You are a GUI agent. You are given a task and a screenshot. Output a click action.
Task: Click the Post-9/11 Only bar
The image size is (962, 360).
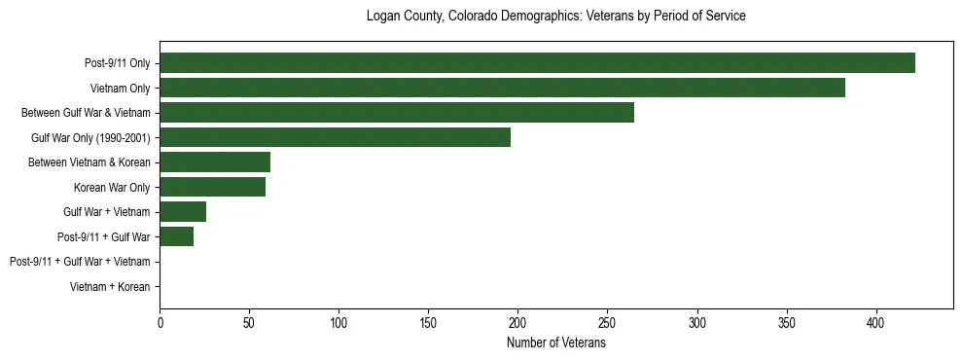click(x=537, y=63)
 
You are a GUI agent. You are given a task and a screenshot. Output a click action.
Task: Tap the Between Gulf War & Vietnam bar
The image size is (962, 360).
click(x=397, y=113)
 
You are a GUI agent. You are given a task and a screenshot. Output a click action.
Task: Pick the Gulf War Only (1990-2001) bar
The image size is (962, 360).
click(x=335, y=137)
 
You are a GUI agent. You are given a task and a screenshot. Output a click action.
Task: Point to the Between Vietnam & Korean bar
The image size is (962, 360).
click(x=215, y=162)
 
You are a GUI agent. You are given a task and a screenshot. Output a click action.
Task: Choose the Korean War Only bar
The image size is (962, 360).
click(x=212, y=187)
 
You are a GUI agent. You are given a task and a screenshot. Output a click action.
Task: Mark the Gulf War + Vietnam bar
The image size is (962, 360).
click(x=183, y=212)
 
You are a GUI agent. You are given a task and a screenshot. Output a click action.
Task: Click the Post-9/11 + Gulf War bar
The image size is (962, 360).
click(x=176, y=236)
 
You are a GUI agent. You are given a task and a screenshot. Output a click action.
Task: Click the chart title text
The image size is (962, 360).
click(x=555, y=17)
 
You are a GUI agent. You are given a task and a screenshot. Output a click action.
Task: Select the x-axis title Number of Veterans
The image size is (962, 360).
click(x=555, y=343)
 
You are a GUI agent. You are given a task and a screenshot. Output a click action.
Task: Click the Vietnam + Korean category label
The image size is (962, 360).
click(x=110, y=287)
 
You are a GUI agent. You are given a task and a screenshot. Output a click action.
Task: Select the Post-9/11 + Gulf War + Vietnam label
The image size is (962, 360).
click(x=80, y=262)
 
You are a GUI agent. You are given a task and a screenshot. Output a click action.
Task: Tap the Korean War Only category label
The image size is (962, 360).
click(x=112, y=187)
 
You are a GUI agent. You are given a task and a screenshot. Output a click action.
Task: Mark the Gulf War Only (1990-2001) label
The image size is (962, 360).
click(x=90, y=137)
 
